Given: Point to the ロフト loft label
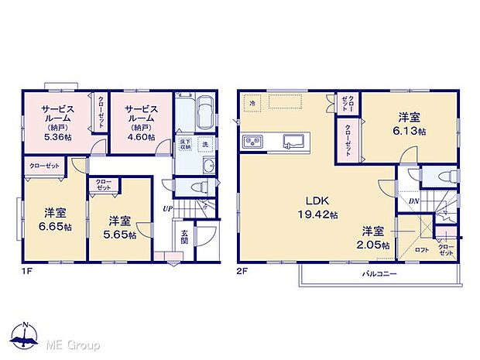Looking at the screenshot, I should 423,249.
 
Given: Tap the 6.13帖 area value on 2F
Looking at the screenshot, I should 410,130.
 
